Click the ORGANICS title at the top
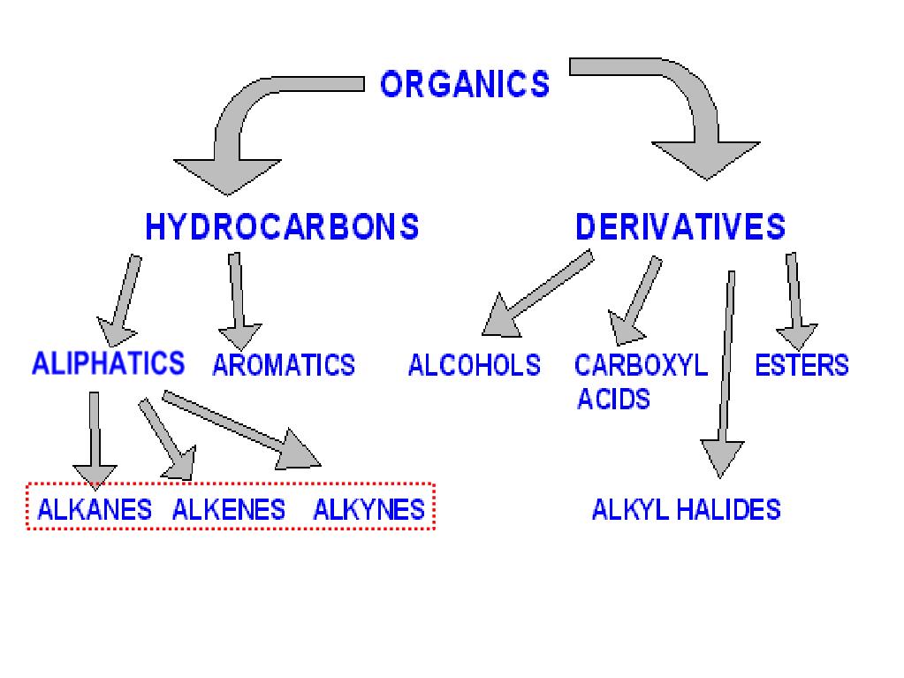pos(464,85)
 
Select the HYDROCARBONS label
pos(281,227)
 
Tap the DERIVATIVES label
pos(680,227)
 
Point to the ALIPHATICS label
pos(108,363)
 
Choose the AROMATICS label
pos(284,365)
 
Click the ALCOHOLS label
pos(474,365)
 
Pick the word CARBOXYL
pos(641,365)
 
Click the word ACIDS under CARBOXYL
pos(613,399)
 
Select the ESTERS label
pos(801,365)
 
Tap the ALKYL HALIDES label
pos(686,509)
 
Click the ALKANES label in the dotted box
pos(95,509)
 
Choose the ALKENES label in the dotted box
pos(229,509)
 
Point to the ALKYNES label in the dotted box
pos(368,509)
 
